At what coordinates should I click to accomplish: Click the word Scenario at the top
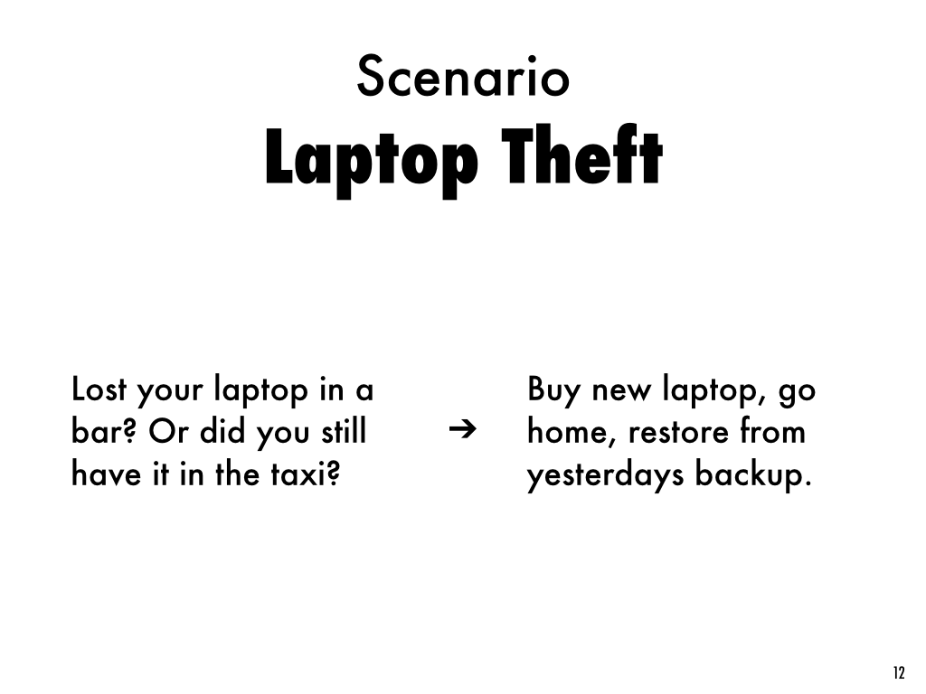[x=463, y=77]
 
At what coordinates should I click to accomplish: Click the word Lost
[x=99, y=389]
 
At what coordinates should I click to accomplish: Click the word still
[x=344, y=431]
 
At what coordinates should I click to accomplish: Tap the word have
[x=107, y=474]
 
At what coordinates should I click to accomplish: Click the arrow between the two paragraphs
[x=462, y=429]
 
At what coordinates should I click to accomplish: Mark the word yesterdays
[x=605, y=475]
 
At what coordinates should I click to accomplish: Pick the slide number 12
[x=899, y=672]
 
